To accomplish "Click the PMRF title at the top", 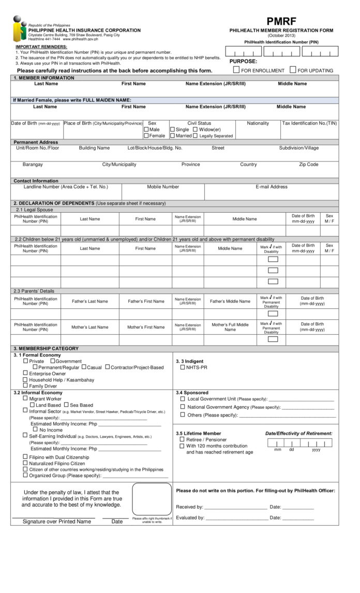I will click(281, 21).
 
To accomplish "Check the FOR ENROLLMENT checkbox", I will click(236, 70).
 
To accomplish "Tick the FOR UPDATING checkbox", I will click(293, 70).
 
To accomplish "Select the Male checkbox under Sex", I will click(146, 129).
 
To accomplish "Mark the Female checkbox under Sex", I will click(146, 136).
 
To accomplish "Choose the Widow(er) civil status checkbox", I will click(196, 129).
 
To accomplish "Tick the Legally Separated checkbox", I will click(196, 136).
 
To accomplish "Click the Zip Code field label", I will click(308, 165).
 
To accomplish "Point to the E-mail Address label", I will click(271, 187).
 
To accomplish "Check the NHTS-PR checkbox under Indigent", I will click(183, 367).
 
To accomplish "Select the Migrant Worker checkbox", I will click(25, 398).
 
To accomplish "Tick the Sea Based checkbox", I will click(66, 405).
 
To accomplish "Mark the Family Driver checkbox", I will click(25, 386).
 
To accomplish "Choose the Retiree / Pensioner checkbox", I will click(182, 439).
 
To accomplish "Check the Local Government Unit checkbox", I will click(182, 399).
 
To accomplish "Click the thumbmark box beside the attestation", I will click(152, 499).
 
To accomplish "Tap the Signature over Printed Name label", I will click(56, 522).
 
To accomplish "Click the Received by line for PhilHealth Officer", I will click(236, 508).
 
